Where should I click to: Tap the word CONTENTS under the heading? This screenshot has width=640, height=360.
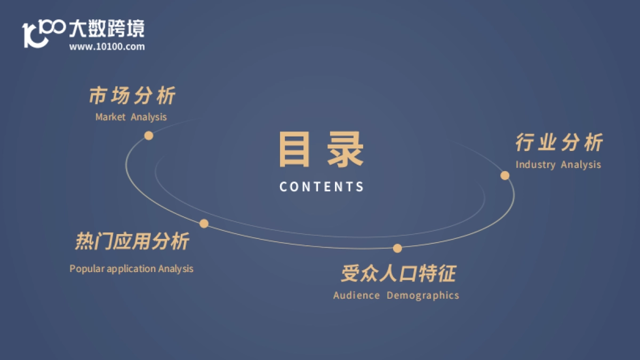click(x=322, y=187)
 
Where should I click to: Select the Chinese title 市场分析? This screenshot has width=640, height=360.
click(x=132, y=97)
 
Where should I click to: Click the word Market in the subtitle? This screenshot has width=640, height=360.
click(x=110, y=117)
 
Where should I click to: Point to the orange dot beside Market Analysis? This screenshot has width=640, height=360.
click(x=149, y=135)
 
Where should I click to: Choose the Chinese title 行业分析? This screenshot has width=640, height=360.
click(x=559, y=143)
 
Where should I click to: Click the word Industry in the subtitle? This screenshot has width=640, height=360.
click(x=535, y=165)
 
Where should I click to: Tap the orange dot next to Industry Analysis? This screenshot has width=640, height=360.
click(x=505, y=175)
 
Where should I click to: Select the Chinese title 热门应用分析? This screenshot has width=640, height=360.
click(x=132, y=242)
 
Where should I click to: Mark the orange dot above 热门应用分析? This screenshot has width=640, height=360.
click(x=204, y=223)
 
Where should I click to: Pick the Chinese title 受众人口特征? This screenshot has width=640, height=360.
click(x=398, y=274)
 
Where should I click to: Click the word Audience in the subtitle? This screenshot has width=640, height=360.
click(x=356, y=295)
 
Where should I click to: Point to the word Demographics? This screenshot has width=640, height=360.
click(x=423, y=295)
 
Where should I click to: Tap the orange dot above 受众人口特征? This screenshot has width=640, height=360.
click(x=397, y=248)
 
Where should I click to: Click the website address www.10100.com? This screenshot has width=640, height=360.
click(x=107, y=47)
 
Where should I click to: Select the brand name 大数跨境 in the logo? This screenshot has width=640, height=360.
click(x=107, y=29)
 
